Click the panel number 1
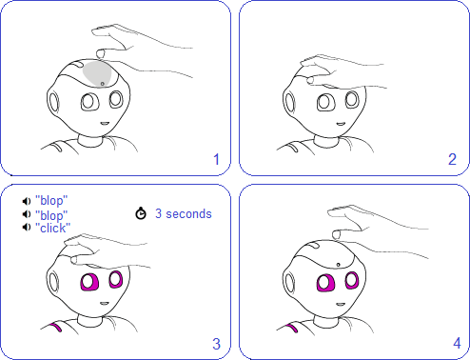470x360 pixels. [216, 159]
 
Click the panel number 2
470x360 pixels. [452, 159]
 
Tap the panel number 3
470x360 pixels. [216, 344]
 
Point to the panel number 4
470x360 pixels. [457, 343]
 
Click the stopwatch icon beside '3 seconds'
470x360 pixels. [141, 213]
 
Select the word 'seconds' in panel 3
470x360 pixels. [188, 213]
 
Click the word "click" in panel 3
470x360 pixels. [52, 228]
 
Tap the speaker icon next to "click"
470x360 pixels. [27, 228]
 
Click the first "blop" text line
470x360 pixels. [51, 201]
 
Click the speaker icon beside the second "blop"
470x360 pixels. [27, 214]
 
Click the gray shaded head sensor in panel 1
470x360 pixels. [97, 73]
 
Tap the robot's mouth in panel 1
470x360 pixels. [105, 124]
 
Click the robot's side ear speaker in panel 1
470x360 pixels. [53, 102]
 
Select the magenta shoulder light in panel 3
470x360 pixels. [56, 327]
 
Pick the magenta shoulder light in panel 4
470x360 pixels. [292, 328]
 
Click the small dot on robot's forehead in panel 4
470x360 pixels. [338, 265]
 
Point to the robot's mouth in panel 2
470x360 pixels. [341, 124]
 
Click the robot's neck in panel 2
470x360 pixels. [326, 142]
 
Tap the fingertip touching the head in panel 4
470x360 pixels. [336, 235]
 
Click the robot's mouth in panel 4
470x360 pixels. [341, 305]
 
